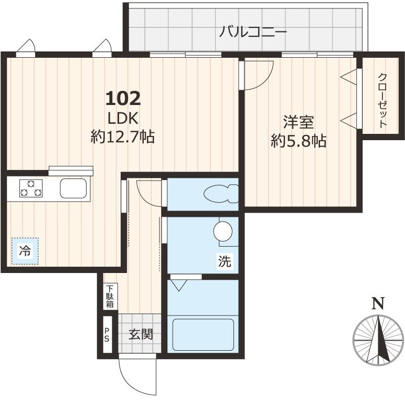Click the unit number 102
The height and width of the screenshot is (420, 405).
point(123,98)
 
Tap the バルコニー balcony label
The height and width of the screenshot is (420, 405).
point(253,33)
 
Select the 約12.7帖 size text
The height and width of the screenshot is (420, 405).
point(122,137)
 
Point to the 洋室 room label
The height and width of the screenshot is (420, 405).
point(299,122)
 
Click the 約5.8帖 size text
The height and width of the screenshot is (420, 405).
point(299,141)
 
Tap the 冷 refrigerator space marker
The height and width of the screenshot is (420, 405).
point(25,251)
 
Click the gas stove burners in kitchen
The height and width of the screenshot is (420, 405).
point(31,188)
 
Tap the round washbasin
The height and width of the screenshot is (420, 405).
point(223,230)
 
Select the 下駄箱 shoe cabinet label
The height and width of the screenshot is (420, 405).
point(110,297)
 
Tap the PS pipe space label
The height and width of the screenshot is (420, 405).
point(107,334)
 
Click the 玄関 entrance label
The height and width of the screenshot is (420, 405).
point(141,334)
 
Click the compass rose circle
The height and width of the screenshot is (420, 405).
point(377,340)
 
